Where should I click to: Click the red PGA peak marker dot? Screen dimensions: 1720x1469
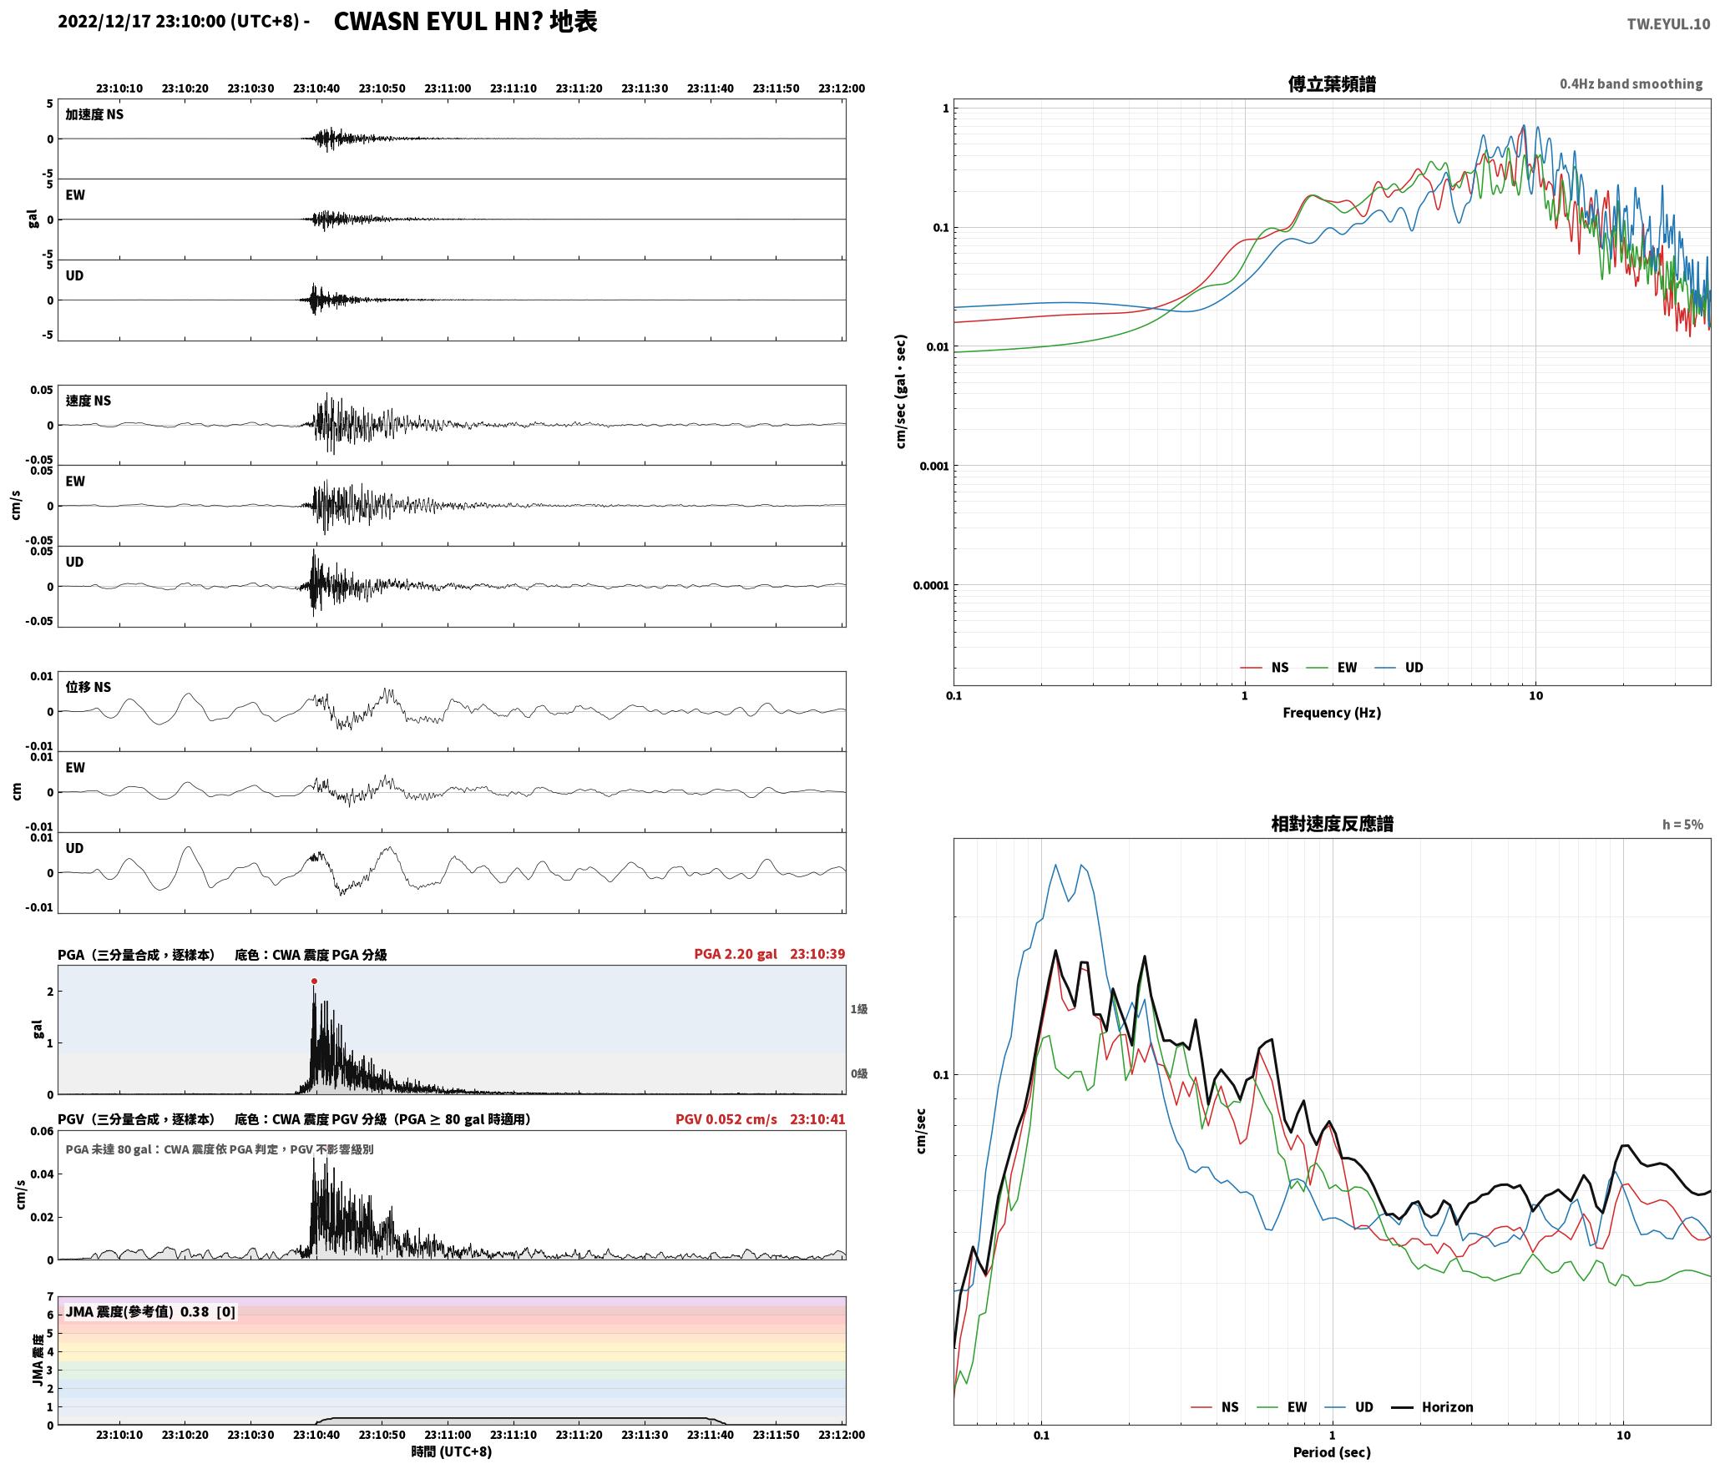pyautogui.click(x=314, y=982)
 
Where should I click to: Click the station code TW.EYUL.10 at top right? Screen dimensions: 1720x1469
pyautogui.click(x=1667, y=24)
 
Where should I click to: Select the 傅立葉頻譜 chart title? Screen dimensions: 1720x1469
pyautogui.click(x=1332, y=84)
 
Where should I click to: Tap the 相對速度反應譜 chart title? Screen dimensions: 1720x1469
pyautogui.click(x=1332, y=824)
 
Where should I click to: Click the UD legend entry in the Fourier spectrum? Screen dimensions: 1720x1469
pyautogui.click(x=1399, y=668)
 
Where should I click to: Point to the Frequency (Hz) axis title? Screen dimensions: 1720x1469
pyautogui.click(x=1332, y=713)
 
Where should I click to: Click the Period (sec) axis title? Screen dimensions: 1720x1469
pyautogui.click(x=1332, y=1452)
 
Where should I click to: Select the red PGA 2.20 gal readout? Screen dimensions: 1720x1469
pyautogui.click(x=735, y=954)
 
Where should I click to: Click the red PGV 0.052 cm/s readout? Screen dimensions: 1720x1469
pyautogui.click(x=726, y=1119)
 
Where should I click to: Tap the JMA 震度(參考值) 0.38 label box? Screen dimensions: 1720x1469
pyautogui.click(x=150, y=1312)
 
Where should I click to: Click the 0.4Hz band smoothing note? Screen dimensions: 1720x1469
pyautogui.click(x=1631, y=84)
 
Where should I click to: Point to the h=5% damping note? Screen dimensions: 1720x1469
pyautogui.click(x=1682, y=825)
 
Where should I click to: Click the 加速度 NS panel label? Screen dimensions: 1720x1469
pyautogui.click(x=94, y=114)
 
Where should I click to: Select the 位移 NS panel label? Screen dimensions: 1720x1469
pyautogui.click(x=89, y=687)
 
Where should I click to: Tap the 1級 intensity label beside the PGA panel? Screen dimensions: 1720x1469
pyautogui.click(x=859, y=1009)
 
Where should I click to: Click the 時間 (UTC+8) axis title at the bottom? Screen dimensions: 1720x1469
pyautogui.click(x=452, y=1452)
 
